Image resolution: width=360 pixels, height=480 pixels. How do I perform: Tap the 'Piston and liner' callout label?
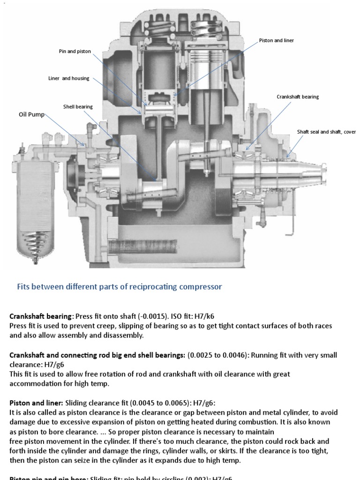[x=276, y=41]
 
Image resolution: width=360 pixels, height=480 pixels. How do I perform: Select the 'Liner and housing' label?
[x=68, y=78]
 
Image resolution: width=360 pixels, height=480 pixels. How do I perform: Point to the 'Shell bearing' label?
[x=78, y=106]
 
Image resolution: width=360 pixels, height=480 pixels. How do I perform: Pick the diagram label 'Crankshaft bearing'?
[x=298, y=97]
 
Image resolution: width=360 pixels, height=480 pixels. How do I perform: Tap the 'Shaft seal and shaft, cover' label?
[x=326, y=132]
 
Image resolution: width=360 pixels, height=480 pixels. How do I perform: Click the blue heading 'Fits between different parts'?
[x=120, y=286]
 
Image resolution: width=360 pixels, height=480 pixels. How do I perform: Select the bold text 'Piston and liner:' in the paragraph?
[x=36, y=403]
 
